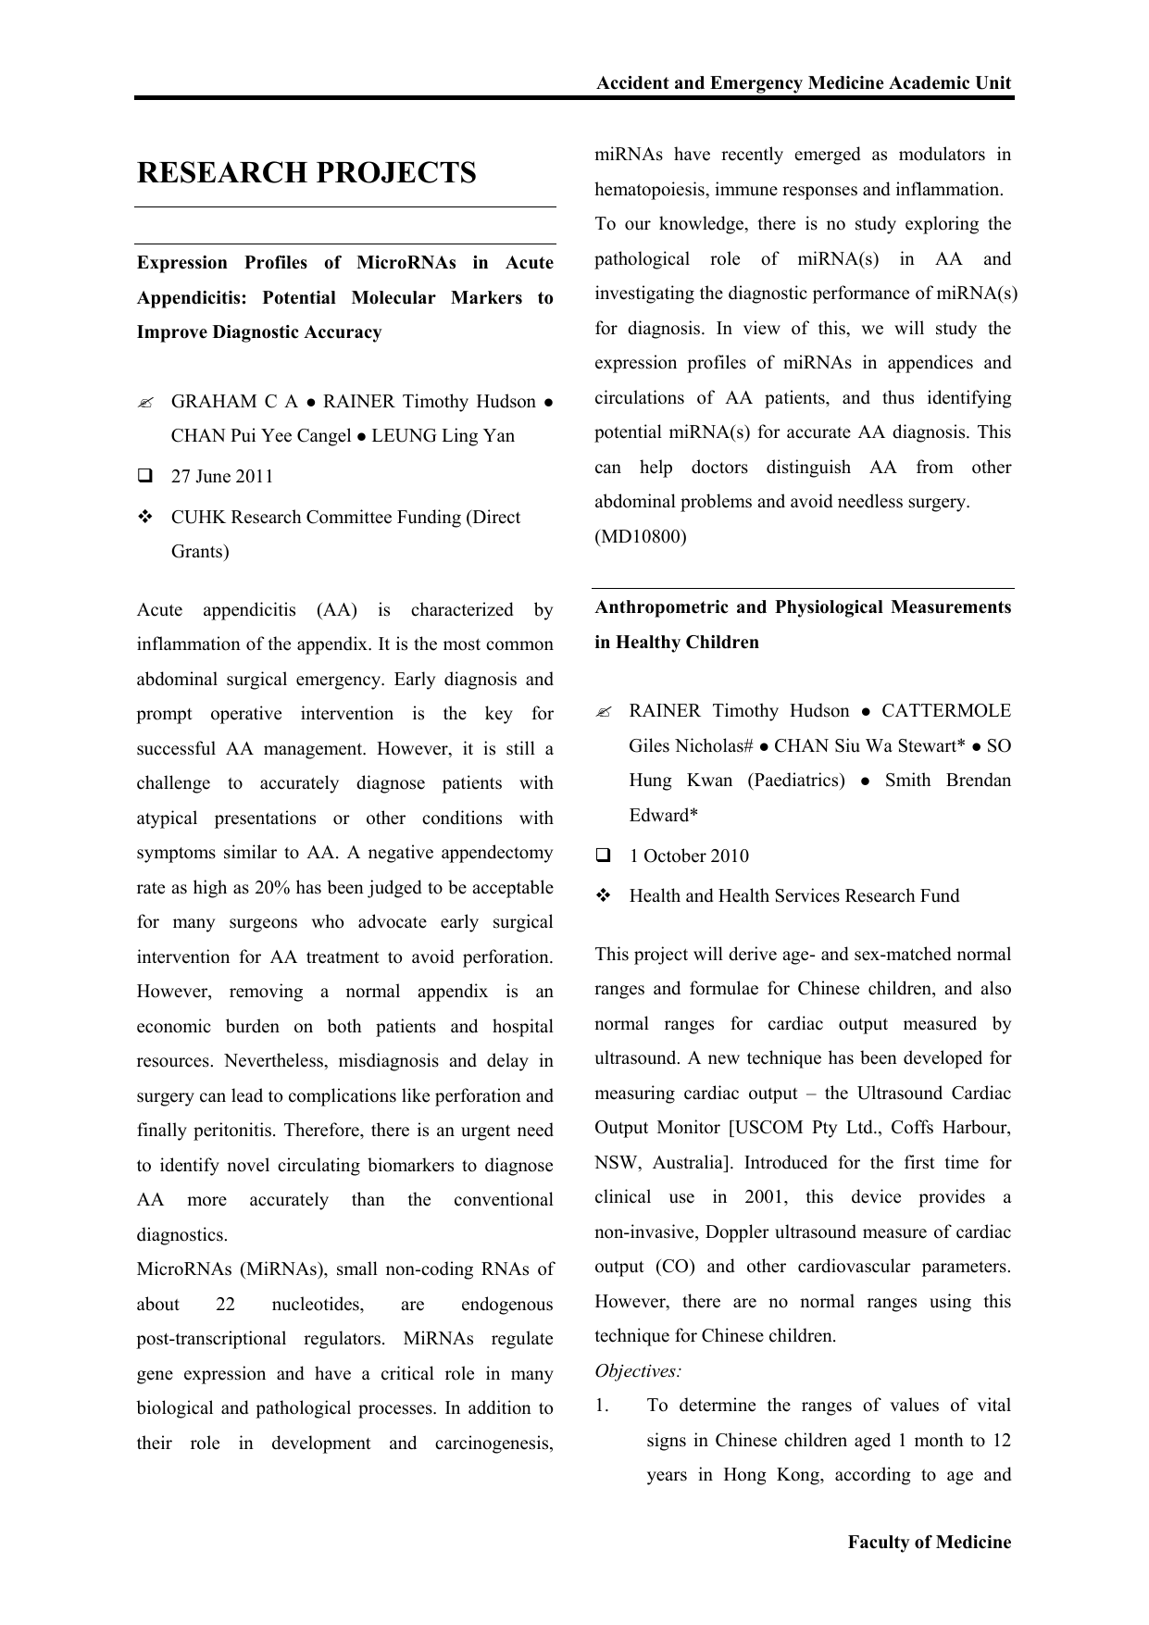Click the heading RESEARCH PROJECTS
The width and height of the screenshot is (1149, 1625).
point(306,173)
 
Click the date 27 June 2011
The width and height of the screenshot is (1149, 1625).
point(222,477)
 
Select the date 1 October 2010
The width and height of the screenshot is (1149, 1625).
point(689,856)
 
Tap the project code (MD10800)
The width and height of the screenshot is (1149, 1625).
point(641,537)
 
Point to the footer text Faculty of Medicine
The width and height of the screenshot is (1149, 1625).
point(930,1543)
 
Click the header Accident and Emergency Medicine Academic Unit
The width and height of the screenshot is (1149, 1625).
point(804,83)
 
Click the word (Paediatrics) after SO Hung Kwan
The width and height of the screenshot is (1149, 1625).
point(796,781)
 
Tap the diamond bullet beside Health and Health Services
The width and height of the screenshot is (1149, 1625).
point(604,896)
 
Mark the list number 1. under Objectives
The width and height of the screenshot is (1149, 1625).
point(602,1406)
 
